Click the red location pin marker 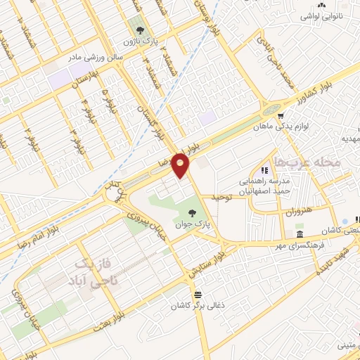(181, 165)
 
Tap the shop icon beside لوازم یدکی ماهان (281, 117)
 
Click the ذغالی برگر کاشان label (198, 307)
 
